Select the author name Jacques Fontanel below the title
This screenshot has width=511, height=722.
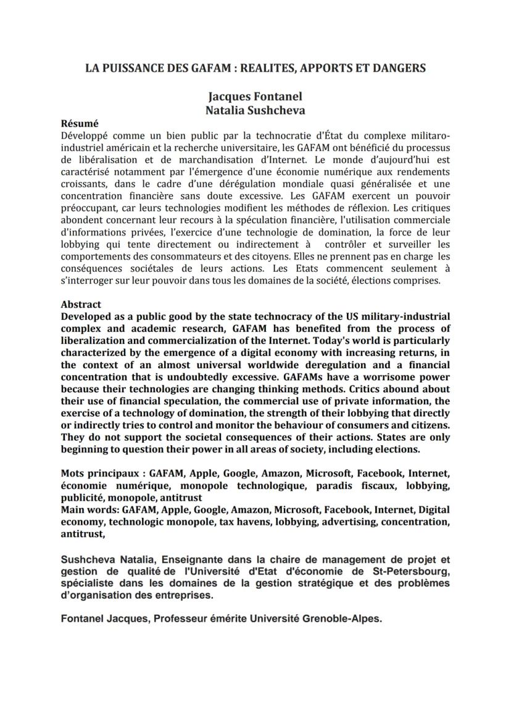pos(255,97)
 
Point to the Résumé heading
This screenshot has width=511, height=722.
pos(80,123)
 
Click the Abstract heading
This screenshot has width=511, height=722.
pos(81,304)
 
